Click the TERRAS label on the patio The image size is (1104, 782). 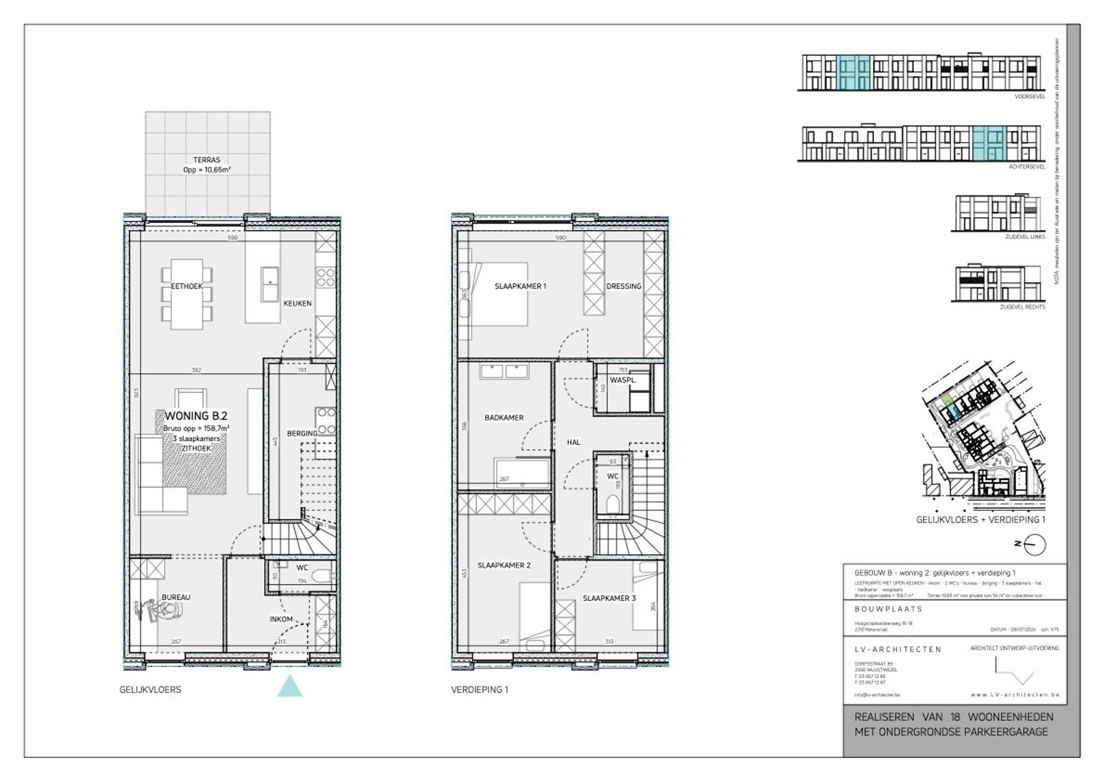(x=206, y=160)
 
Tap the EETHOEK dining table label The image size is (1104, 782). (x=186, y=286)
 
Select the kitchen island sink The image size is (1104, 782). (x=270, y=284)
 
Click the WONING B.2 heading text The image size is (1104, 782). (x=195, y=416)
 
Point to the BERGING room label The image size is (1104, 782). (x=302, y=433)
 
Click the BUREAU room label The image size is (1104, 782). (x=176, y=597)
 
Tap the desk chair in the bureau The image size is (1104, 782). (x=167, y=610)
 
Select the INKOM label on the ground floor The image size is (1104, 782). (x=281, y=619)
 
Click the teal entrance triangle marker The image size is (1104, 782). (x=289, y=688)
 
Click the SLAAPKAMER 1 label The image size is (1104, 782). (x=520, y=286)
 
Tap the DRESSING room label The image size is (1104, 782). (x=623, y=286)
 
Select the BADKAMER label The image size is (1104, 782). (x=503, y=418)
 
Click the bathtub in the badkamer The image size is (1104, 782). (x=522, y=471)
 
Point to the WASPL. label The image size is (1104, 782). (x=622, y=380)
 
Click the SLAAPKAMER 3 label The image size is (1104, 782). (x=609, y=598)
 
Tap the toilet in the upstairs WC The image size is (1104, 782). (x=613, y=504)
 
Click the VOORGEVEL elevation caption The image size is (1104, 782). (x=1030, y=96)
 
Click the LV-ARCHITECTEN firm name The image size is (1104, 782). (x=898, y=649)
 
